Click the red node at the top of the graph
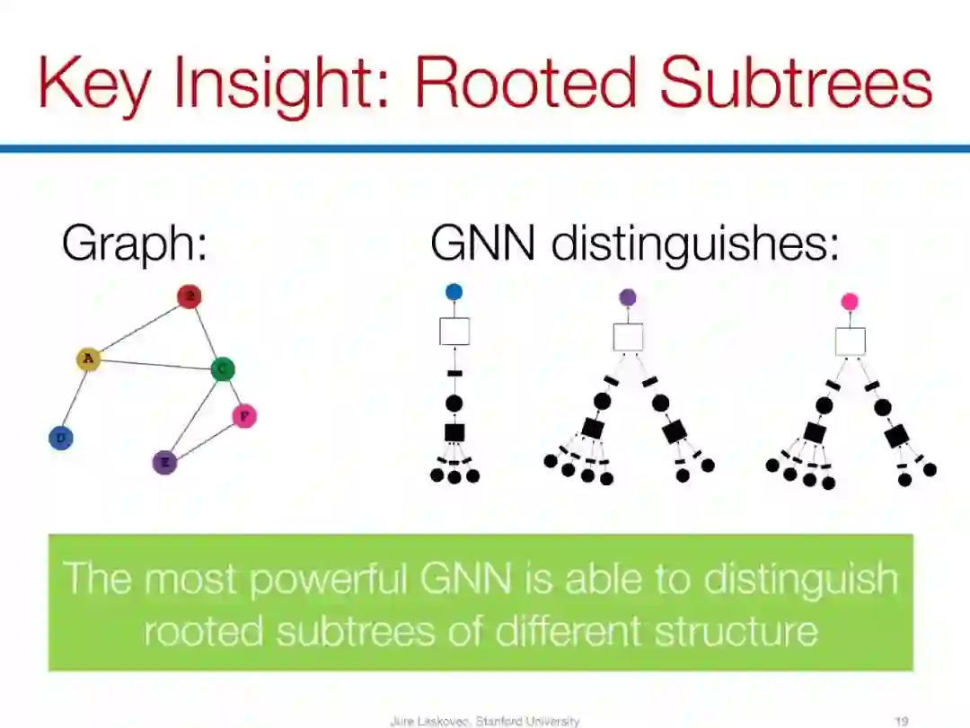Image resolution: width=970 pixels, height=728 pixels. click(189, 297)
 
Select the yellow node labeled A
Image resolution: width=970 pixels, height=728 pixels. click(88, 360)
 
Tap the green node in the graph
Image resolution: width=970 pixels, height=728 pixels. click(222, 368)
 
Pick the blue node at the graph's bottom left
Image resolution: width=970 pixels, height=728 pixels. click(61, 439)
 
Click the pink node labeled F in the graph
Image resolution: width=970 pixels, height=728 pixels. click(244, 416)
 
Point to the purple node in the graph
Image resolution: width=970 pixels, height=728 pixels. click(165, 463)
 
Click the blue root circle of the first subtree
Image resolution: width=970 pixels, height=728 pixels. click(454, 291)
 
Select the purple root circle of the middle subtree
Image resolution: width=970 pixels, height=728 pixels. click(628, 297)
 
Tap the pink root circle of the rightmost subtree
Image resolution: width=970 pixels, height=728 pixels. click(850, 302)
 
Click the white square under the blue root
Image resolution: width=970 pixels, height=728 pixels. click(454, 331)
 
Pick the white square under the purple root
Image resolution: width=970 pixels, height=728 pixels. click(628, 337)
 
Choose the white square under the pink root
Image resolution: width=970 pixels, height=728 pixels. click(850, 342)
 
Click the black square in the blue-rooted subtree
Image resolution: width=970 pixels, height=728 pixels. click(454, 432)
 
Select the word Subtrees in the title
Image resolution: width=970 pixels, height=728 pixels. click(796, 83)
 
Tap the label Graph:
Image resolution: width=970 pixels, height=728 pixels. click(134, 243)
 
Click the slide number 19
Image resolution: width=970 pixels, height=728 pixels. click(903, 721)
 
